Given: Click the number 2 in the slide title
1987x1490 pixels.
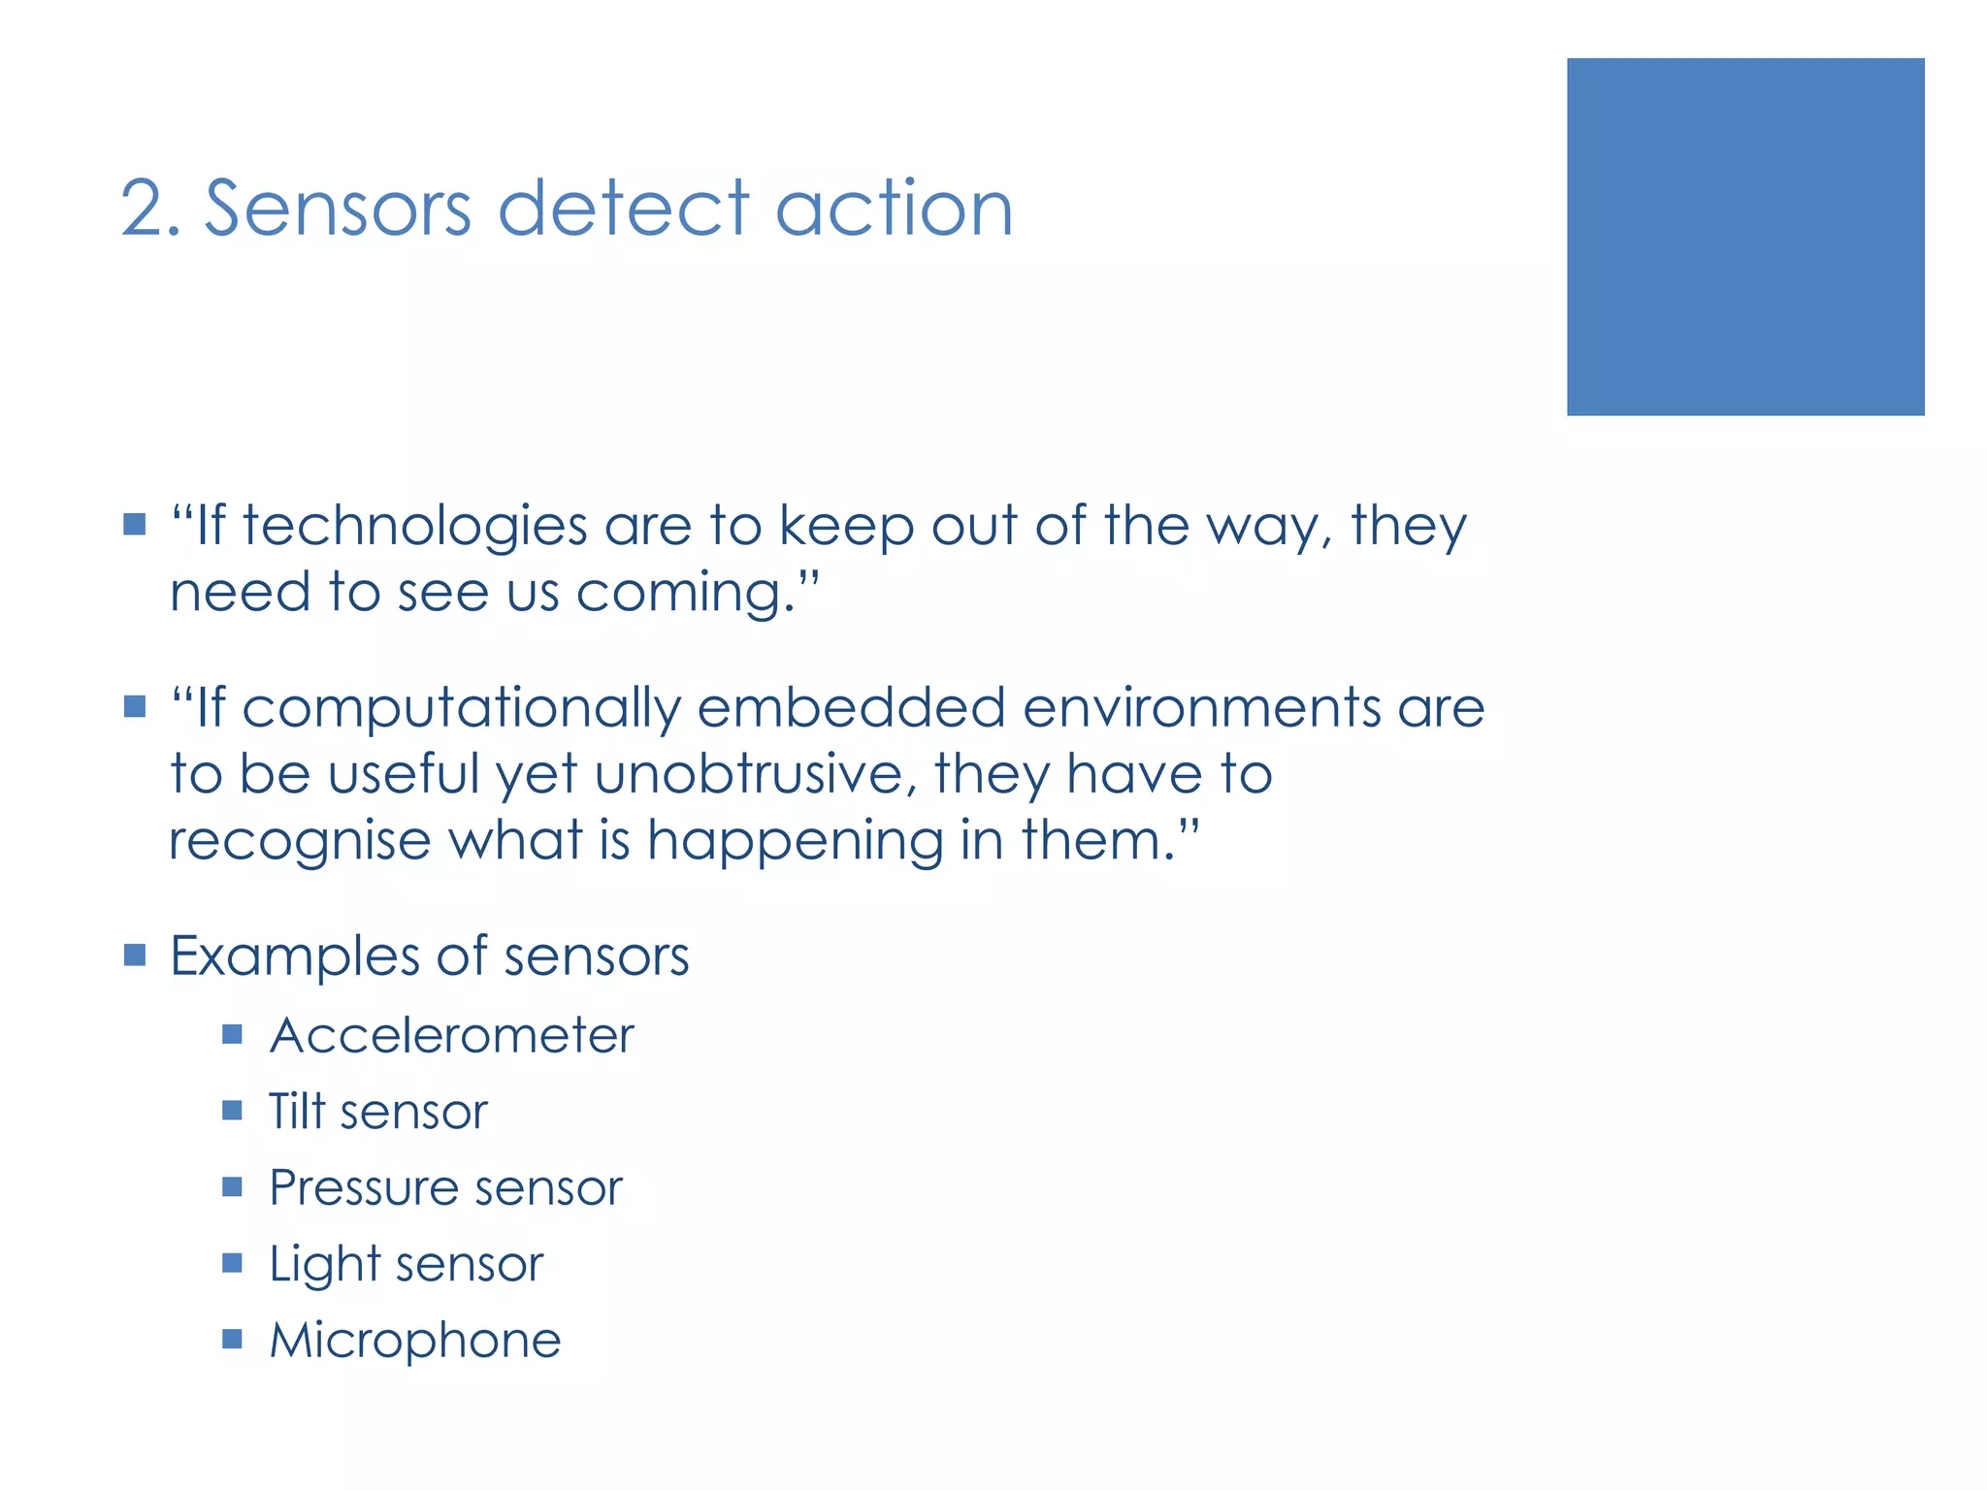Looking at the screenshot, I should (x=144, y=210).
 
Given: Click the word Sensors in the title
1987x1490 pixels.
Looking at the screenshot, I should (x=338, y=210).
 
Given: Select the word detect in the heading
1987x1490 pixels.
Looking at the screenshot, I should (x=624, y=210).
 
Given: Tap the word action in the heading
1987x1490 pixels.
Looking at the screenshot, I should (x=894, y=210).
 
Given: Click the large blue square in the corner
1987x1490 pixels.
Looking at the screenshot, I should (x=1744, y=237).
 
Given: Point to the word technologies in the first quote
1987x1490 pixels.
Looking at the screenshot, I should (x=414, y=527).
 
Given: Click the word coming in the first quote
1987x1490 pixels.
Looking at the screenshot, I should (x=678, y=593).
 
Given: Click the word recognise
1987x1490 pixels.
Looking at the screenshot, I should (x=300, y=841).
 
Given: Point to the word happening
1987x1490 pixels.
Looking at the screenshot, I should (x=795, y=841).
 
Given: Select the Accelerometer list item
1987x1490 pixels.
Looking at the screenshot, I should (x=451, y=1035).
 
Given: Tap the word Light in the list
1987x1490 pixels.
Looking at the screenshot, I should (x=324, y=1265).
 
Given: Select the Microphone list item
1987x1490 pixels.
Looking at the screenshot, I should (x=414, y=1341).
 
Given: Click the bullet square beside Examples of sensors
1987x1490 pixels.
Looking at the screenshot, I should (x=135, y=956).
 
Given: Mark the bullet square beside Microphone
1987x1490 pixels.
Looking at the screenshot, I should (x=232, y=1340).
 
